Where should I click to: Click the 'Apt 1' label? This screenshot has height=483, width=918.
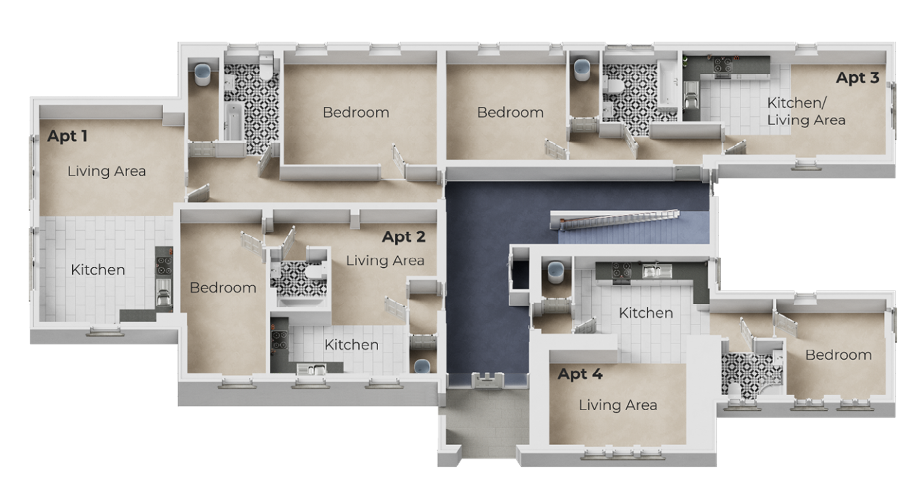67,136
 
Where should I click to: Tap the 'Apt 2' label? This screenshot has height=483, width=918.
404,237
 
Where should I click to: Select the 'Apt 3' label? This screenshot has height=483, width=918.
857,78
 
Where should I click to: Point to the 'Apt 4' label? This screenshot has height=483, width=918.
580,374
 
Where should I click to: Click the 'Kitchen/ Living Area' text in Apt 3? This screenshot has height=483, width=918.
806,112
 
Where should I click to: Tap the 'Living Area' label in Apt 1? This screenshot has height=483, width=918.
107,171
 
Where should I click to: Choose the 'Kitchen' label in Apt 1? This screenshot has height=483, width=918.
98,270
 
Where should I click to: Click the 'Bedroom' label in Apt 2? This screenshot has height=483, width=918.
223,288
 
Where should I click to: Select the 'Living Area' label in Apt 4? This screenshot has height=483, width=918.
618,405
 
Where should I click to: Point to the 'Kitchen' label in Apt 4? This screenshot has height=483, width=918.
646,313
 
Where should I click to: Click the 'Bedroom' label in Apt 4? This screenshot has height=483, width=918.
838,355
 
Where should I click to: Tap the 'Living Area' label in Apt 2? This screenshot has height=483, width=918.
386,261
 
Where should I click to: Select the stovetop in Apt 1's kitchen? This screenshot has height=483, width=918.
164,265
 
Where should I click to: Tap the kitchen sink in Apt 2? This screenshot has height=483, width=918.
311,369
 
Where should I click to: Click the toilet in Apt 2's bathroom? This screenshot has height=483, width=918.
316,272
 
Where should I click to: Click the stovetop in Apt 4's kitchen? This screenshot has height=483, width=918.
622,271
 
